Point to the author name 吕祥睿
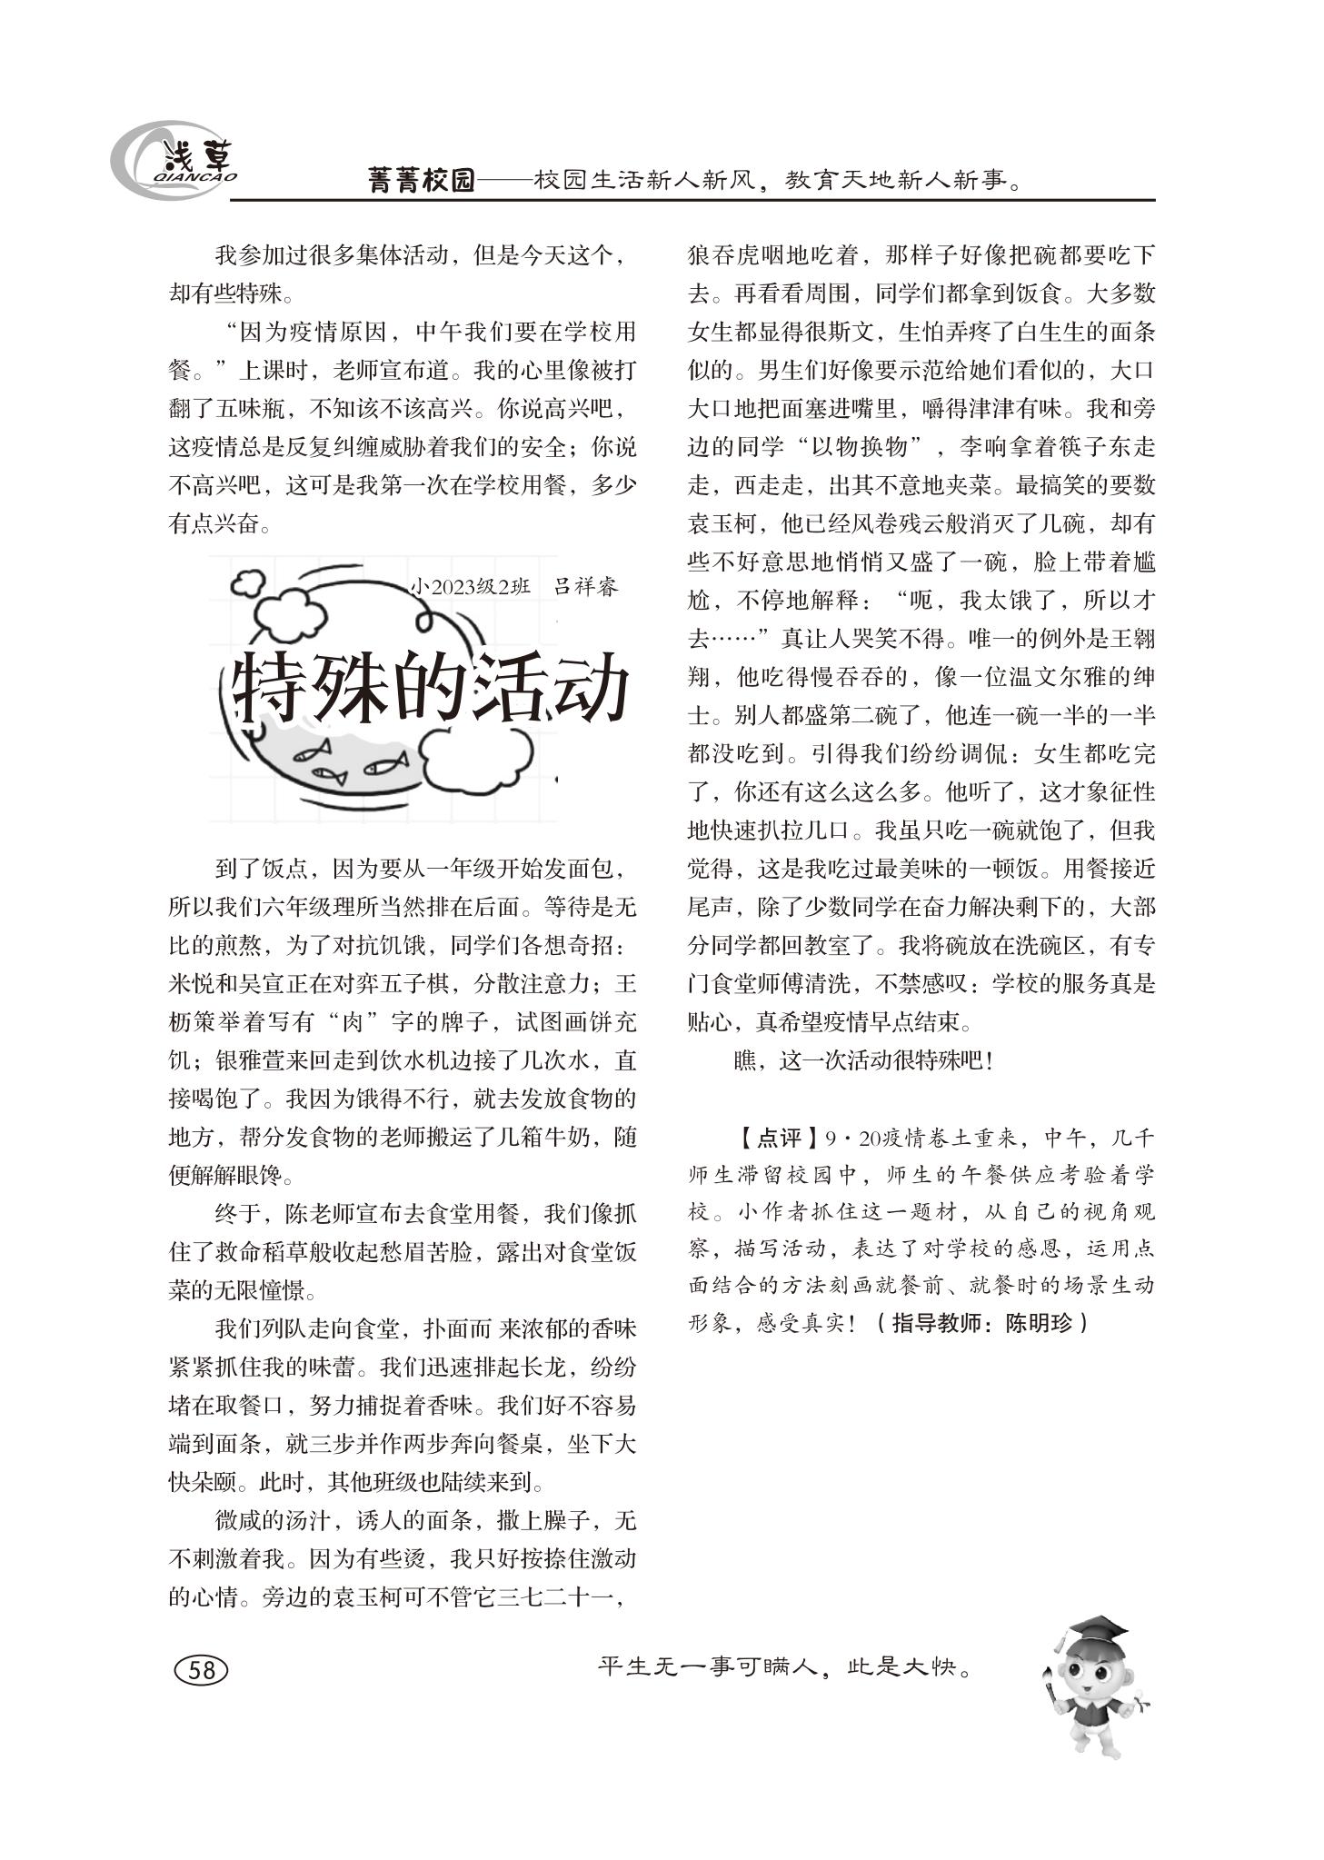586,587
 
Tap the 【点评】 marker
769,1138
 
